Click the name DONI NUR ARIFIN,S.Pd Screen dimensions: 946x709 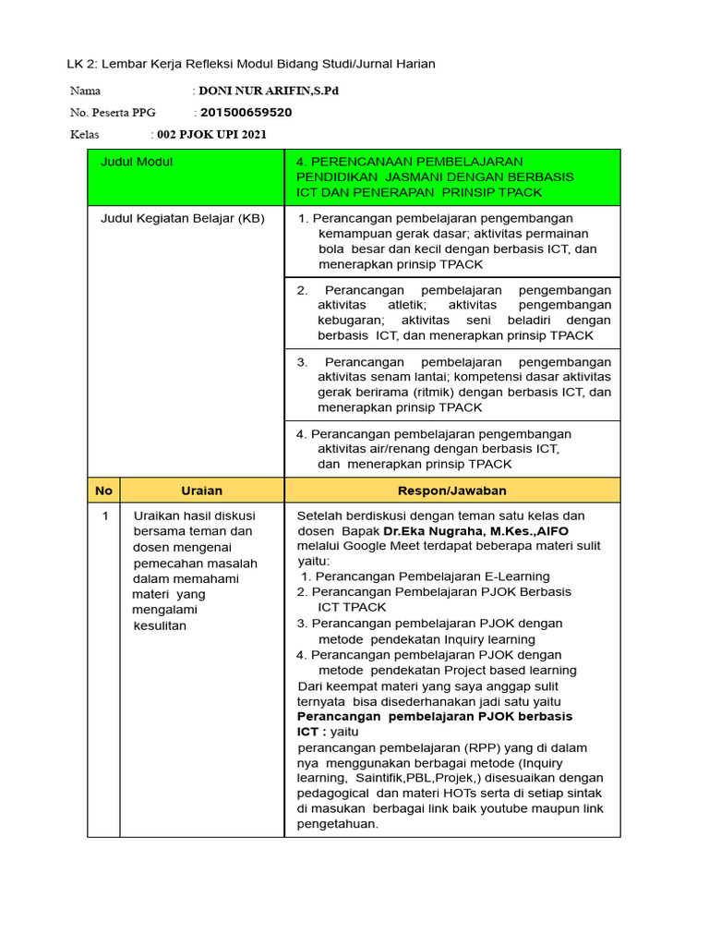click(x=262, y=91)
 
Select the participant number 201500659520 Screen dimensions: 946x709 click(x=246, y=113)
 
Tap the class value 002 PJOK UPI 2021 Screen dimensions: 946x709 click(x=211, y=135)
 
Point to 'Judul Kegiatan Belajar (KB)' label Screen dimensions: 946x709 click(x=182, y=219)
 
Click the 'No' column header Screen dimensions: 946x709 click(x=103, y=491)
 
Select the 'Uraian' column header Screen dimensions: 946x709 click(x=201, y=491)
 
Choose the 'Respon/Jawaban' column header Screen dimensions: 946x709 click(x=451, y=491)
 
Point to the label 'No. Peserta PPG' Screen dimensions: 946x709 click(x=114, y=113)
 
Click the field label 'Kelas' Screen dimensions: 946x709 click(x=84, y=135)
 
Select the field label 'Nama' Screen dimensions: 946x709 click(x=85, y=91)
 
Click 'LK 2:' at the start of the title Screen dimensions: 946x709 click(x=82, y=64)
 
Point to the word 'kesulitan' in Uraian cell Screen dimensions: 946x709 click(x=160, y=625)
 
